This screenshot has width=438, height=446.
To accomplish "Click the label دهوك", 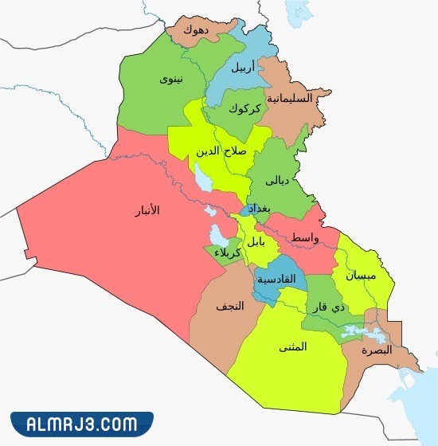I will coord(195,30).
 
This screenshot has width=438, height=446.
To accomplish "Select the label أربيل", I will coord(243,67).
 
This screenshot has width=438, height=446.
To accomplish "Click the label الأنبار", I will coord(144,210).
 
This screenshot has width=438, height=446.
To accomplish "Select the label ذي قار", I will coord(338,307).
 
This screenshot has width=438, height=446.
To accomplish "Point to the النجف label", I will coord(229,306).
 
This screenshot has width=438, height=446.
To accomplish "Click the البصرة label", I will coord(376,350).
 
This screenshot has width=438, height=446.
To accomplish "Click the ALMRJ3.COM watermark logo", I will coord(82,423).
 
